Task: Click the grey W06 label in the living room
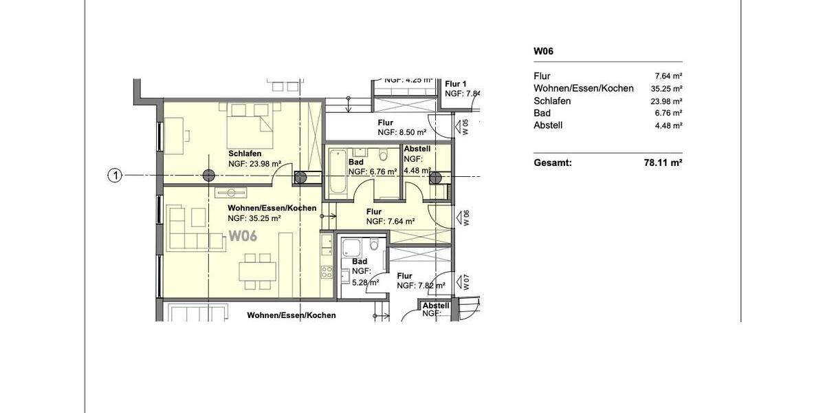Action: [x=243, y=236]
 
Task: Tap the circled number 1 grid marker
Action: [x=115, y=176]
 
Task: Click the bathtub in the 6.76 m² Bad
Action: [x=337, y=172]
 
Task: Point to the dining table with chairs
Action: [x=257, y=270]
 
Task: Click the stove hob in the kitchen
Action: [x=326, y=271]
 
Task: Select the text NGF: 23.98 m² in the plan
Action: [x=254, y=164]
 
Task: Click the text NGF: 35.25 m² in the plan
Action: [x=254, y=218]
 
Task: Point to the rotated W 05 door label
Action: [x=465, y=127]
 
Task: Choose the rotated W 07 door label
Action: [x=465, y=282]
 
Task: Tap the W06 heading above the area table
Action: [x=544, y=51]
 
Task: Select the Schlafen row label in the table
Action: [x=552, y=100]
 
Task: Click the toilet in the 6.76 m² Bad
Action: [x=384, y=153]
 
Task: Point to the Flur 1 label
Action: [x=456, y=83]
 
